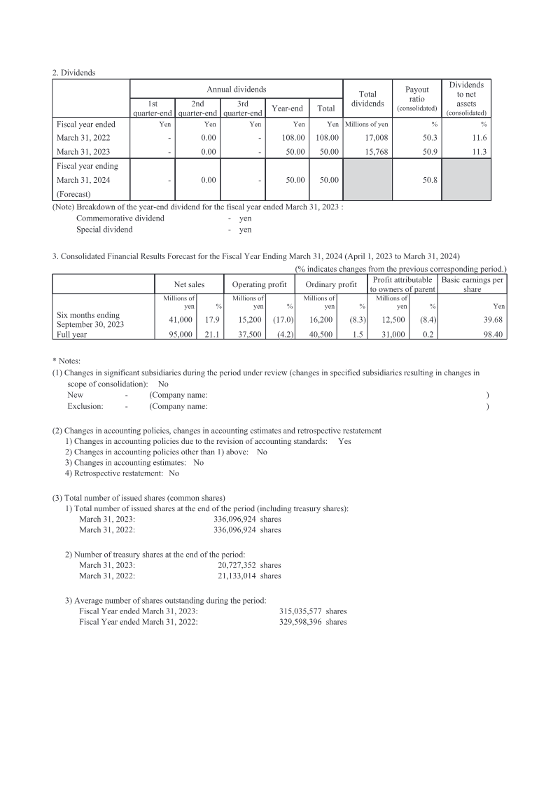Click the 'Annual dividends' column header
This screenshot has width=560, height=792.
[236, 90]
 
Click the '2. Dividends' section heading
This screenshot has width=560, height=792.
[74, 72]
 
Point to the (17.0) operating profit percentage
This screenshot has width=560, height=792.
[283, 319]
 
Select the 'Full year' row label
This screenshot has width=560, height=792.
[71, 335]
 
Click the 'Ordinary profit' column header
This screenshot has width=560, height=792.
[331, 284]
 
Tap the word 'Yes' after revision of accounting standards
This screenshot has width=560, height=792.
[344, 441]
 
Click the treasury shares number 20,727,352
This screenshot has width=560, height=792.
[238, 564]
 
